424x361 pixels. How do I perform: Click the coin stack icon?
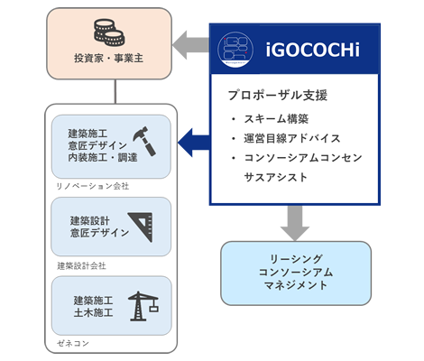[109, 32]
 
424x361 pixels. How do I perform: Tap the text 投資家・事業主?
[108, 58]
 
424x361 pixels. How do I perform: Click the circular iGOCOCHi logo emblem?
[235, 50]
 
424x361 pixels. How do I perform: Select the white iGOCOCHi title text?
[312, 50]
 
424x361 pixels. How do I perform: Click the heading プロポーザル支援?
[278, 95]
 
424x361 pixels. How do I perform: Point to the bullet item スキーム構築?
[276, 119]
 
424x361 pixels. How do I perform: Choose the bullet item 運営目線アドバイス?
[292, 138]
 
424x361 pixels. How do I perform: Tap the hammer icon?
[145, 141]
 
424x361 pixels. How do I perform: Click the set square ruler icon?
[141, 227]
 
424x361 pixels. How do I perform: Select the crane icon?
[143, 306]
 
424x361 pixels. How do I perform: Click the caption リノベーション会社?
[93, 187]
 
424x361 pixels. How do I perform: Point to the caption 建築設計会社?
[81, 266]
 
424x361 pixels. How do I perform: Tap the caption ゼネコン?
[73, 343]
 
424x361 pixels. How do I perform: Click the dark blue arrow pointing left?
[194, 143]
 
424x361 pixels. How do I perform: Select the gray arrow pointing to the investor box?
[190, 45]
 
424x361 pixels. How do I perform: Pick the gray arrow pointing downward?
[295, 223]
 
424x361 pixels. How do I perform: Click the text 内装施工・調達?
[103, 158]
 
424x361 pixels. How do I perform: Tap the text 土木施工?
[94, 312]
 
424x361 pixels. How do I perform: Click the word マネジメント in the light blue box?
[296, 285]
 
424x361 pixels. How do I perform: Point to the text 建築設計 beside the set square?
[90, 221]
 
